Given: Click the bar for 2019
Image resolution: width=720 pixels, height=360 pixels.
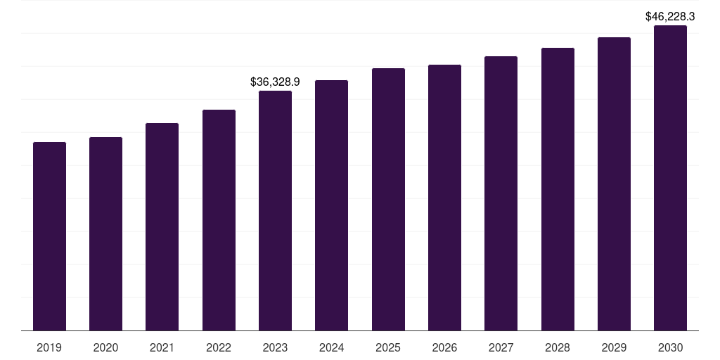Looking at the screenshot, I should click(x=49, y=236).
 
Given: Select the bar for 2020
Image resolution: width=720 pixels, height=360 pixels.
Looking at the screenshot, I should click(x=105, y=233).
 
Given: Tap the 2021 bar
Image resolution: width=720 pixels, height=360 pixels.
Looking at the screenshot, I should click(x=162, y=226).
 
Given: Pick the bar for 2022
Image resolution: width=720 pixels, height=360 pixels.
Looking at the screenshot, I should click(x=219, y=220).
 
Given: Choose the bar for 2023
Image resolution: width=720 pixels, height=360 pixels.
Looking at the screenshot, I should click(x=275, y=210).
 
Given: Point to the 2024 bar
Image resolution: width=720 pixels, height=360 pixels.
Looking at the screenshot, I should click(x=331, y=205).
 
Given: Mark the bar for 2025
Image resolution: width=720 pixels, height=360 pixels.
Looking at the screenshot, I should click(x=388, y=199).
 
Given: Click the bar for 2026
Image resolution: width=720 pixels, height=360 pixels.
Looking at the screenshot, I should click(x=444, y=198).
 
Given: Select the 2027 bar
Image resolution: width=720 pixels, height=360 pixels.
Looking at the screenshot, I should click(x=501, y=193).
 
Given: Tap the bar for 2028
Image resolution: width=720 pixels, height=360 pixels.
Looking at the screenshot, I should click(x=558, y=189).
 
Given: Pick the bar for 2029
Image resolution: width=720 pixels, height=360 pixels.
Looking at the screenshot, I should click(x=614, y=184).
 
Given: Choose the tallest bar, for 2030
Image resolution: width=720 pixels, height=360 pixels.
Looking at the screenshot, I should click(x=670, y=178).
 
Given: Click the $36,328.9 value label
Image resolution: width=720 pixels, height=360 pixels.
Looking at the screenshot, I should click(x=275, y=82).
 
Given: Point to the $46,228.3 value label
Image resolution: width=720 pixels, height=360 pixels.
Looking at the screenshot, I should click(x=670, y=17).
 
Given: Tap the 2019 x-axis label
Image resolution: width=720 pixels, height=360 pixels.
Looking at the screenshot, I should click(x=49, y=347).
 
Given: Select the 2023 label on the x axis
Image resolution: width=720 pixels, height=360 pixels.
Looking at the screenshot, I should click(x=275, y=347).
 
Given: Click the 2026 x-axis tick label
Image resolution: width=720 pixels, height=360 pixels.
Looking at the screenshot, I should click(x=444, y=347).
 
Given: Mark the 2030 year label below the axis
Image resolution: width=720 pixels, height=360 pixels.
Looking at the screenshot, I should click(x=670, y=347).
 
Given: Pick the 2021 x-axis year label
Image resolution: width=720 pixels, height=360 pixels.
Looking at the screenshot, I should click(x=162, y=347).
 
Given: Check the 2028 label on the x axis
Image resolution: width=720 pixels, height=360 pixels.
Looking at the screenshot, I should click(x=558, y=347).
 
